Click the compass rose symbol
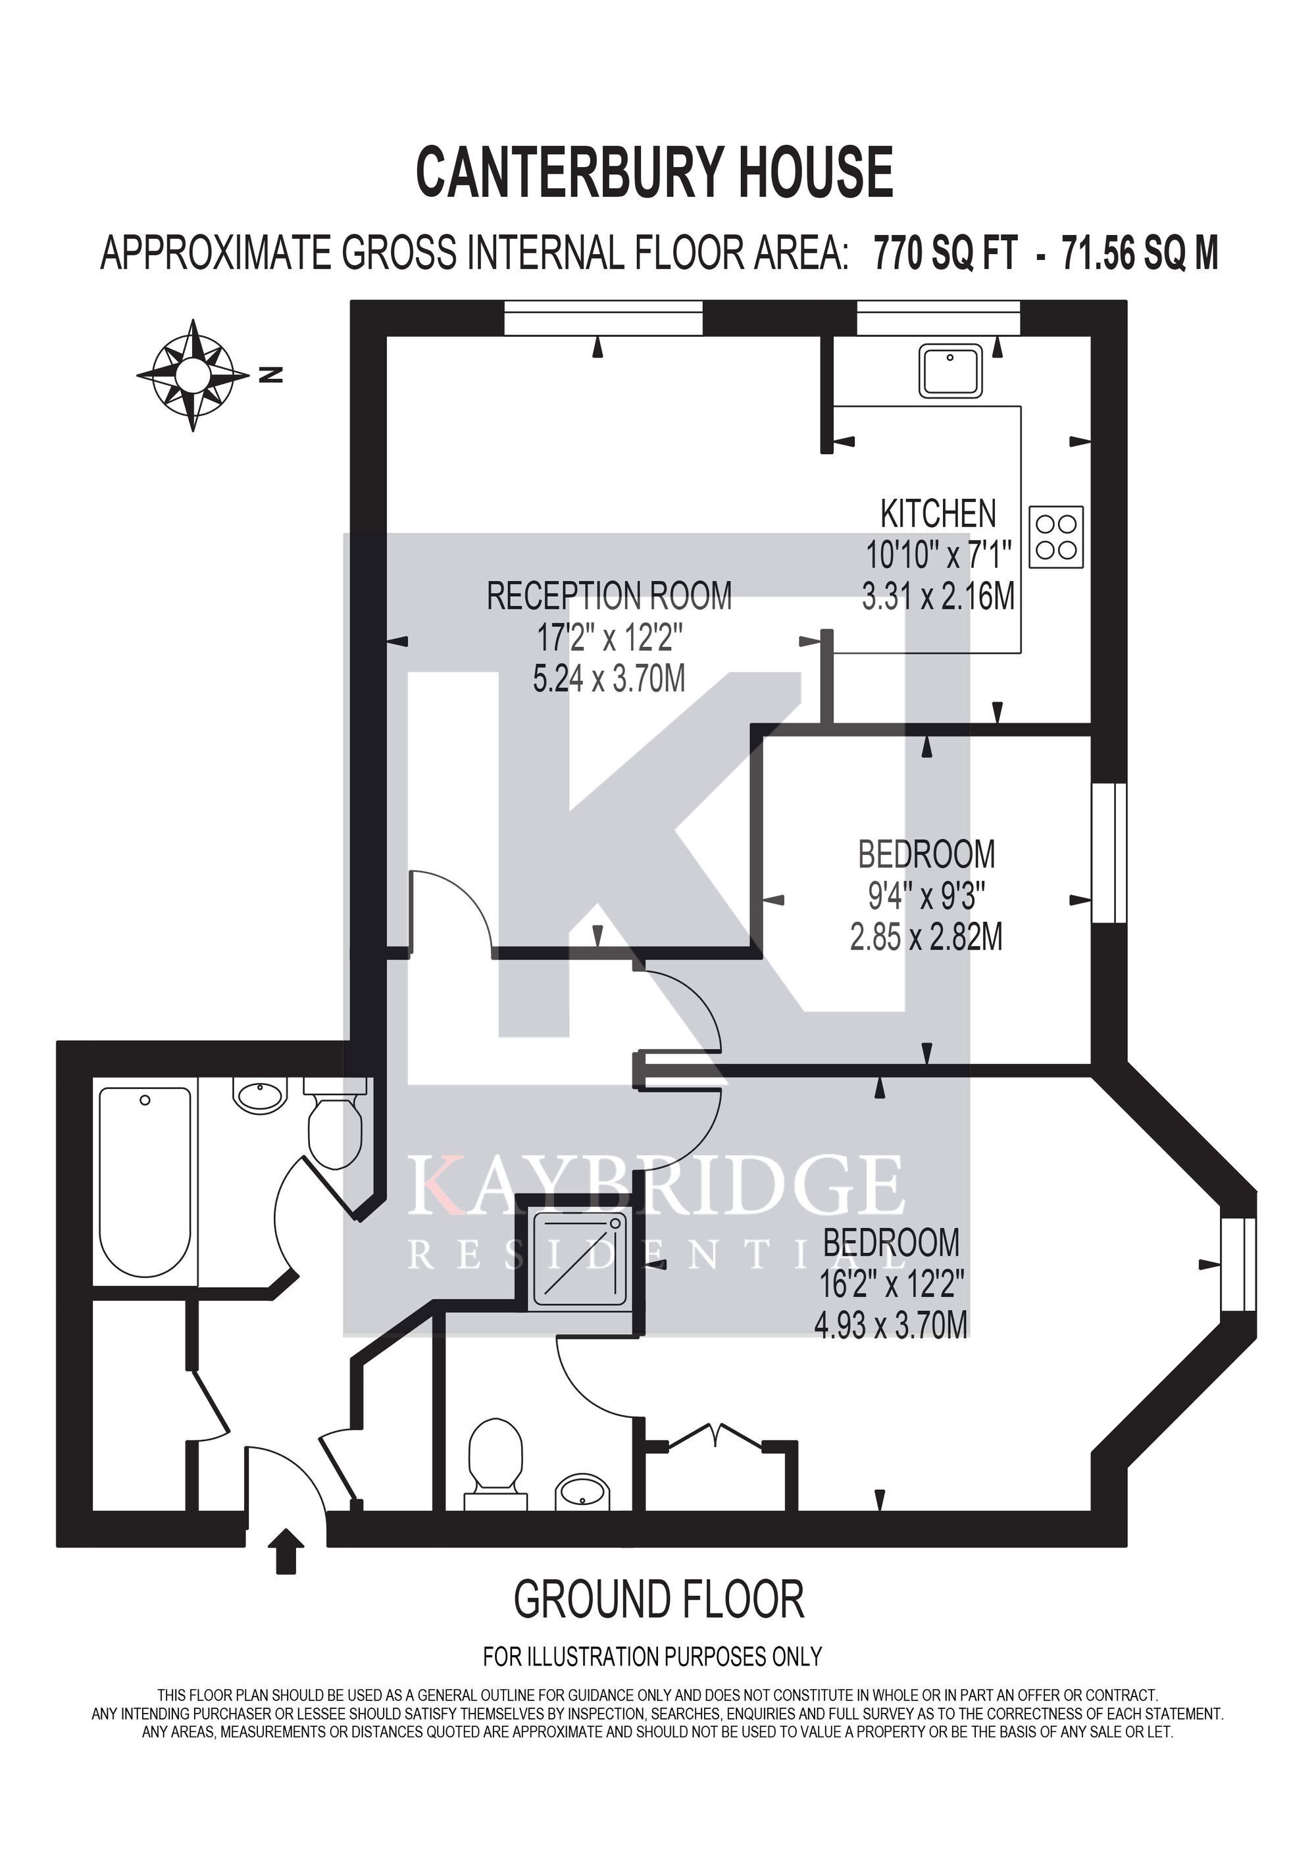point(193,375)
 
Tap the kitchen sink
point(949,370)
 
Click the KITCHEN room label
point(938,514)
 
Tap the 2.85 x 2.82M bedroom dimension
point(926,938)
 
